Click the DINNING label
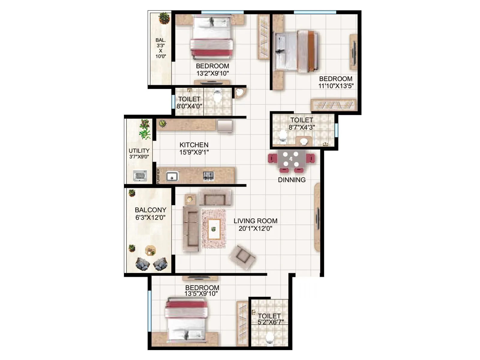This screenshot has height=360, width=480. [x=292, y=180]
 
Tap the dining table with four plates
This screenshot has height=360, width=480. [x=291, y=159]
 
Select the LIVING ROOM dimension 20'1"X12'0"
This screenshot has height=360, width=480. [x=255, y=229]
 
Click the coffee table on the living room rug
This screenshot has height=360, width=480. [x=214, y=229]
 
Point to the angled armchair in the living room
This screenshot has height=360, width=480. [x=242, y=256]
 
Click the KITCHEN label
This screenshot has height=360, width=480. [x=194, y=145]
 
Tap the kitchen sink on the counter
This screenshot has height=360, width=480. [x=172, y=176]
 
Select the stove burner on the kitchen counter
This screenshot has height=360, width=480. [x=208, y=176]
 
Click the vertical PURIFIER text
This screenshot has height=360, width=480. [x=158, y=176]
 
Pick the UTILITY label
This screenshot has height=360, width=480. [x=139, y=151]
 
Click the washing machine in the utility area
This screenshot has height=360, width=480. [x=140, y=175]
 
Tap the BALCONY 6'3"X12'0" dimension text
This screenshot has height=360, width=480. [x=150, y=217]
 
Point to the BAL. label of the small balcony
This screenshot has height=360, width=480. [x=160, y=40]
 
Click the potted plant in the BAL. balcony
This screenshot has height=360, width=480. [x=164, y=18]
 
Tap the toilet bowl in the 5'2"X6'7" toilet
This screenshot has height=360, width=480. [x=270, y=338]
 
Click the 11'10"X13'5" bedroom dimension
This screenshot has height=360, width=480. [x=336, y=86]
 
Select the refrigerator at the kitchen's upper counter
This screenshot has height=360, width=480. [x=225, y=126]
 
